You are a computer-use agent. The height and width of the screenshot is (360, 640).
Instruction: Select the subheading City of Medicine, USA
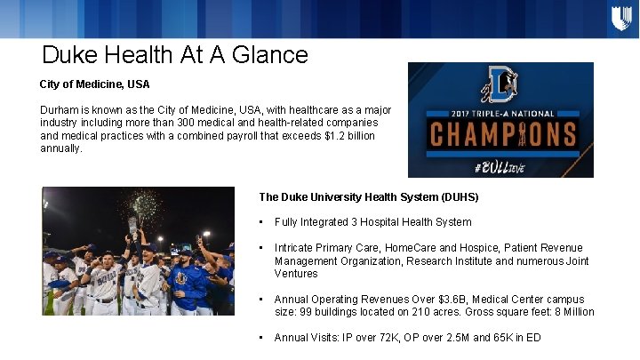point(95,84)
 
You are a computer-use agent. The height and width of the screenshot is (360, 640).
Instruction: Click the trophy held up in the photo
point(133,224)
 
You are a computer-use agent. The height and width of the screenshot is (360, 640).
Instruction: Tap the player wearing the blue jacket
point(189,284)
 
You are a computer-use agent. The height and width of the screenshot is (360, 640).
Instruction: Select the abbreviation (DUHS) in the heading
point(458,196)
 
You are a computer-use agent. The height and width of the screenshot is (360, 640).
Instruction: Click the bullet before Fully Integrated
point(261,222)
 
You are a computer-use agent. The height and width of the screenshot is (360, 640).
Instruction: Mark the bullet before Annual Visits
point(261,338)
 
